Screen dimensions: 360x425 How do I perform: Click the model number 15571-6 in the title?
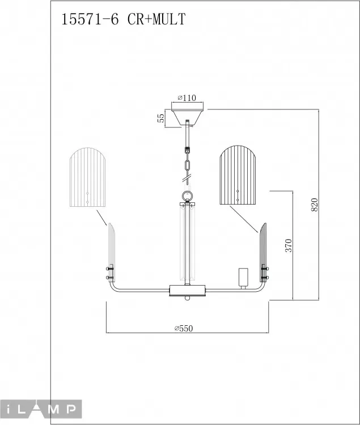coord(90,19)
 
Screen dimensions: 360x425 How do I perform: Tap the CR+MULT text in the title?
coord(156,19)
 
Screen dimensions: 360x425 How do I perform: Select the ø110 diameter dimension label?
coord(187,97)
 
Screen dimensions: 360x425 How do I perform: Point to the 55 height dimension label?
coord(161,118)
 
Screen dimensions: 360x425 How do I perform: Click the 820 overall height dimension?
coord(314,205)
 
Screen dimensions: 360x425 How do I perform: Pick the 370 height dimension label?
coord(289,245)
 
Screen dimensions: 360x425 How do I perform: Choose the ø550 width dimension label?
coord(184,328)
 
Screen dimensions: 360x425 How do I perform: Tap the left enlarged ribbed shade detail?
coord(87,177)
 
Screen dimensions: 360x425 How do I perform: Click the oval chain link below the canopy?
coord(187,165)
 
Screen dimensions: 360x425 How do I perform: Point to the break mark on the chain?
coord(187,178)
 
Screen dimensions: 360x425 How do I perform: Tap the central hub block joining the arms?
coord(187,290)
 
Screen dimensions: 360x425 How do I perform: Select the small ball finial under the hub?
coord(187,298)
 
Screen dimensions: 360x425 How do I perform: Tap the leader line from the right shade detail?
coord(243,219)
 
